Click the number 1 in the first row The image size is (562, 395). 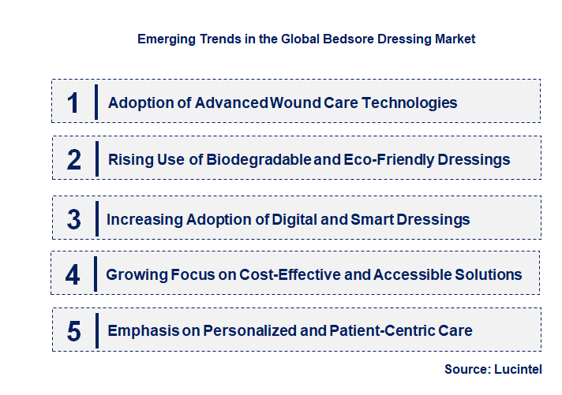pos(73,102)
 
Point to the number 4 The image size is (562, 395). pos(73,275)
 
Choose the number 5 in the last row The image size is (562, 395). pos(74,331)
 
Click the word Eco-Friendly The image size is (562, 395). pos(388,160)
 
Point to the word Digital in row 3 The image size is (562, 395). pos(309,219)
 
